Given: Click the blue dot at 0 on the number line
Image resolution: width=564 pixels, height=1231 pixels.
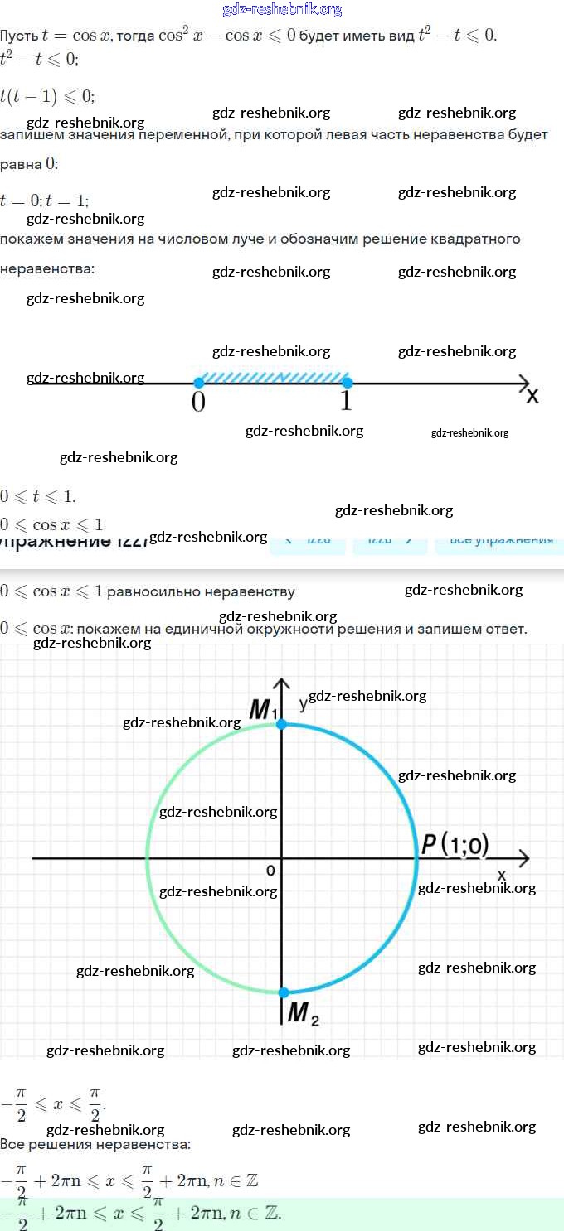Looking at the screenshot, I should click(198, 383).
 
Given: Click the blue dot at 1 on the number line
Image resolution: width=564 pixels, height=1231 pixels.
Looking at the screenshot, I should click(348, 383).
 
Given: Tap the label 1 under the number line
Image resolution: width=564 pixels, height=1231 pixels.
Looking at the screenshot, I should click(346, 402).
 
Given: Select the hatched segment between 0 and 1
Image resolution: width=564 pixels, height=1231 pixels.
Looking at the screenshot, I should click(273, 377).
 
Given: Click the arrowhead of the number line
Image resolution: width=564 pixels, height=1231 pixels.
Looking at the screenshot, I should click(524, 383).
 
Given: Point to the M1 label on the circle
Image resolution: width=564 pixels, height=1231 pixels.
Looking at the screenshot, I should click(264, 709).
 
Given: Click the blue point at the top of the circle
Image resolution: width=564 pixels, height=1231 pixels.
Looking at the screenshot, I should click(282, 724).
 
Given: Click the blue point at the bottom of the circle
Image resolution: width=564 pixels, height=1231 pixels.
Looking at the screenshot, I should click(284, 992).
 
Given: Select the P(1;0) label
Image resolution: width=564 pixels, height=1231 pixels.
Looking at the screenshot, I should click(455, 844).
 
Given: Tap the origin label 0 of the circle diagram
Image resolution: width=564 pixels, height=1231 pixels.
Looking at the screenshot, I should click(270, 870).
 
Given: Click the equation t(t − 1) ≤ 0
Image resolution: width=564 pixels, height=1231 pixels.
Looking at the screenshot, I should click(47, 96).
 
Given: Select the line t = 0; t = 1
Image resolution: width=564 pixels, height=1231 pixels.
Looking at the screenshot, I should click(45, 200).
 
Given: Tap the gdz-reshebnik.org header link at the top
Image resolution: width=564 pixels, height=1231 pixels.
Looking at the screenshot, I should click(282, 10).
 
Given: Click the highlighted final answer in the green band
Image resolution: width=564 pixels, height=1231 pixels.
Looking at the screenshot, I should click(141, 1214).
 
